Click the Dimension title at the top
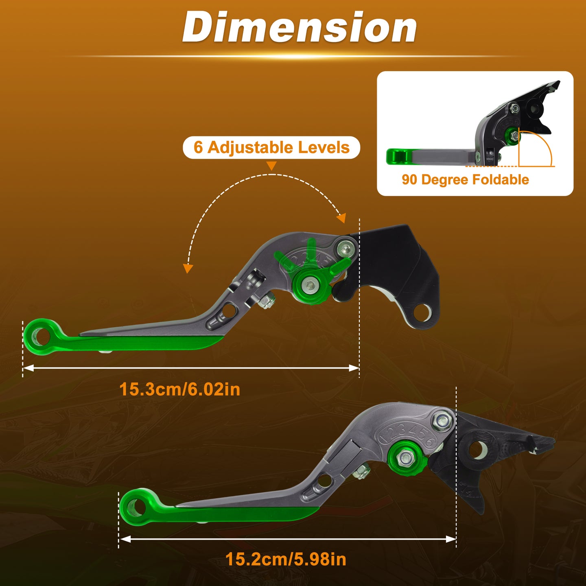[x=300, y=27]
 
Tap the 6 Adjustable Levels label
[x=271, y=147]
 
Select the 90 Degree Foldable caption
[x=465, y=180]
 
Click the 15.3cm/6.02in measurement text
[x=180, y=389]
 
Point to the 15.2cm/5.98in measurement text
[x=286, y=559]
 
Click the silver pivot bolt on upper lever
[x=346, y=250]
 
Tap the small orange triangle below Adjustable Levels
[x=271, y=166]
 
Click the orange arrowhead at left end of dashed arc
[x=188, y=268]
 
